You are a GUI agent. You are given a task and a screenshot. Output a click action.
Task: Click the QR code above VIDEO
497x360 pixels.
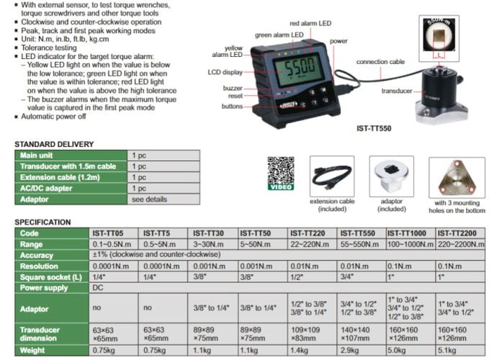click(281, 170)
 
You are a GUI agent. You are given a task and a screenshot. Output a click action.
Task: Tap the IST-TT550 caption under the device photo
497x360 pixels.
click(374, 129)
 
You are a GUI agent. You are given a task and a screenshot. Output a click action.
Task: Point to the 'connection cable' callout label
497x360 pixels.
click(380, 62)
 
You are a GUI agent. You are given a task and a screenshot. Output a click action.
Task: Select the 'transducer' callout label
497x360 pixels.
click(397, 91)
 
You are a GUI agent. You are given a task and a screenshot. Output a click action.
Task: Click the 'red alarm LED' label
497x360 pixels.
click(310, 24)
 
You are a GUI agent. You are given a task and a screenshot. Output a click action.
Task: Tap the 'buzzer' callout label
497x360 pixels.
click(233, 88)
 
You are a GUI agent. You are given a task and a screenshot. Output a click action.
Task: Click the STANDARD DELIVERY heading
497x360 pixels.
click(54, 145)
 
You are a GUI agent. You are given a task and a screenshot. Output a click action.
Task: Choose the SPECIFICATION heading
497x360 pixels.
click(42, 222)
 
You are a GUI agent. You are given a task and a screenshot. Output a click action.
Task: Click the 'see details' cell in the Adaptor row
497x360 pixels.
click(149, 199)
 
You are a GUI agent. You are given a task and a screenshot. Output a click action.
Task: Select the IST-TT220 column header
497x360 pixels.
click(308, 233)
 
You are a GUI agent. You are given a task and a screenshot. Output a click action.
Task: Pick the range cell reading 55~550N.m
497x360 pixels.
click(359, 244)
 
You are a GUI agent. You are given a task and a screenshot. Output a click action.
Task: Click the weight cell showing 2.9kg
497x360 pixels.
click(349, 350)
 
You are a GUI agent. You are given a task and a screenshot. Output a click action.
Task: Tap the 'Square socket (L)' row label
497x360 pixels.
click(51, 277)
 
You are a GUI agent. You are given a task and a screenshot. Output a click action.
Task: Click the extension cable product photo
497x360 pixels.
click(332, 176)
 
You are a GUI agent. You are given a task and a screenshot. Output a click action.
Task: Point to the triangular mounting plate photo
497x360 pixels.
click(457, 177)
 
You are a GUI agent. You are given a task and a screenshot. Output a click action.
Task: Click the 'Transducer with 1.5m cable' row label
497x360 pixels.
click(68, 166)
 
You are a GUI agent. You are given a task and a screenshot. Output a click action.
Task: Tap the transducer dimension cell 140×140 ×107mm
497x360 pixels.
click(355, 334)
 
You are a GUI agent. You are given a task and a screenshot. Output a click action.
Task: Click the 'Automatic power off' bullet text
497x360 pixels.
click(53, 117)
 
